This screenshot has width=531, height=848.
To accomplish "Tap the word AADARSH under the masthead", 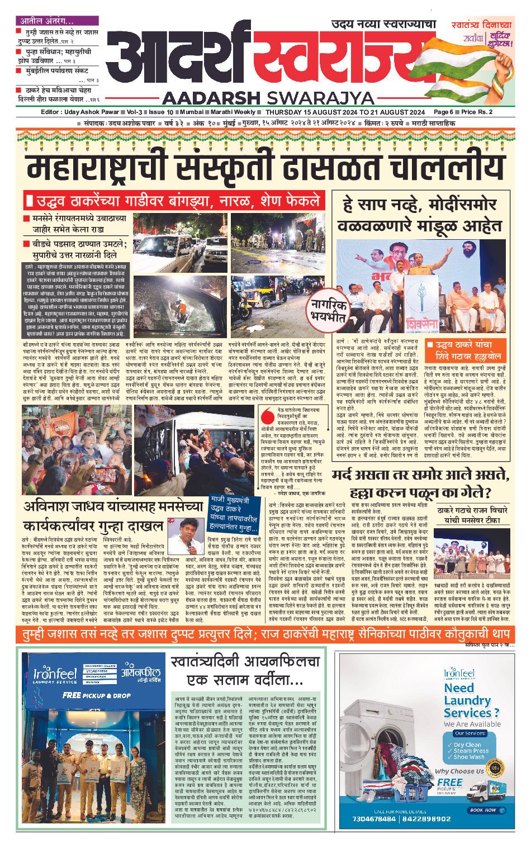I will (x=213, y=98).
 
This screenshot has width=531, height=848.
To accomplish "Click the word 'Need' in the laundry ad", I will (x=459, y=688).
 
